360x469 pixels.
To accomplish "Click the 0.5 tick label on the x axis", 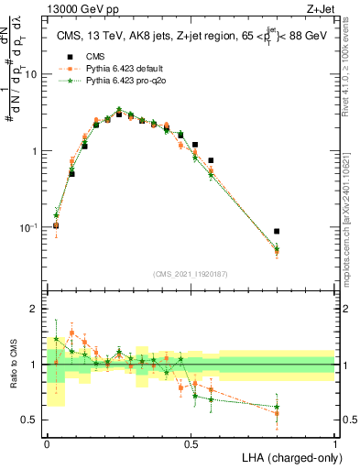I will tap(191, 443).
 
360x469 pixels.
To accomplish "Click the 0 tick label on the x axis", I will tap(46, 443).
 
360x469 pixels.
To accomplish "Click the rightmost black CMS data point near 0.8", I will tap(277, 232).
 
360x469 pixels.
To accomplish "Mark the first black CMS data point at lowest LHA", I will tap(57, 225).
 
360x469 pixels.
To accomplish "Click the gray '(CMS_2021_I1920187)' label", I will tap(191, 273).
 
